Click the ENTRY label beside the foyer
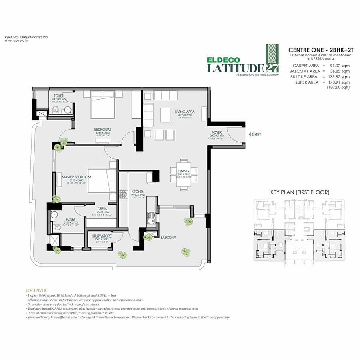coord(256,134)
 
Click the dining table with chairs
coord(184,173)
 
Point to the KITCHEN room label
coord(138,192)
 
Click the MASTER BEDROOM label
coord(76,176)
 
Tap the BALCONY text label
coord(168,237)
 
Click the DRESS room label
coord(101,208)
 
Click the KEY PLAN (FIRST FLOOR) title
coord(300,192)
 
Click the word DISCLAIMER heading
coord(36,291)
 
